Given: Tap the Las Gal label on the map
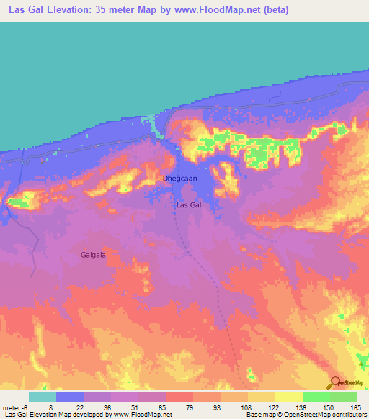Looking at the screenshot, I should (189, 205).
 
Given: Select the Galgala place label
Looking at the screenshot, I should (94, 255).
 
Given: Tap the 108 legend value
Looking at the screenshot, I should (247, 407).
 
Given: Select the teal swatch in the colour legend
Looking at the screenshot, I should (42, 397).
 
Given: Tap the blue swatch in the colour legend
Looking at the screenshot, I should (69, 397).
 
